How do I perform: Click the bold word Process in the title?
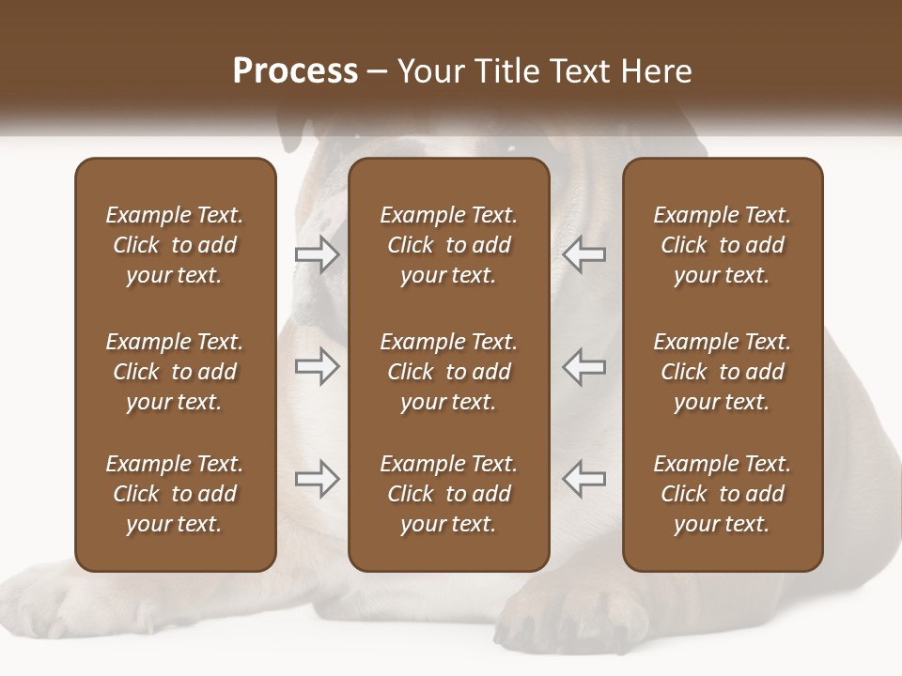pos(295,71)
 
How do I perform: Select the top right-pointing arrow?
pos(317,254)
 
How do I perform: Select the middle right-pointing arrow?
pos(317,366)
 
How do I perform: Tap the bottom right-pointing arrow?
pos(317,479)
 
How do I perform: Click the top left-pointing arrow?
pos(583,254)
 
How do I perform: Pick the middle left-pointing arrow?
pos(583,366)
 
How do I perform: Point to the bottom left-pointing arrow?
pos(583,479)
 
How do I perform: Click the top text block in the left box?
pos(175,245)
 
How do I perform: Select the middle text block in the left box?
pos(175,372)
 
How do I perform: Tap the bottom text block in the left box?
pos(175,494)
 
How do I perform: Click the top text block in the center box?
pos(448,245)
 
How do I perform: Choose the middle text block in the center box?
pos(448,372)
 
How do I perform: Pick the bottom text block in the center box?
pos(448,494)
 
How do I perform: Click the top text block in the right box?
pos(722,245)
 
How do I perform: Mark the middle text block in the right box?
pos(722,372)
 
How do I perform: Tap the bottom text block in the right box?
pos(722,494)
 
